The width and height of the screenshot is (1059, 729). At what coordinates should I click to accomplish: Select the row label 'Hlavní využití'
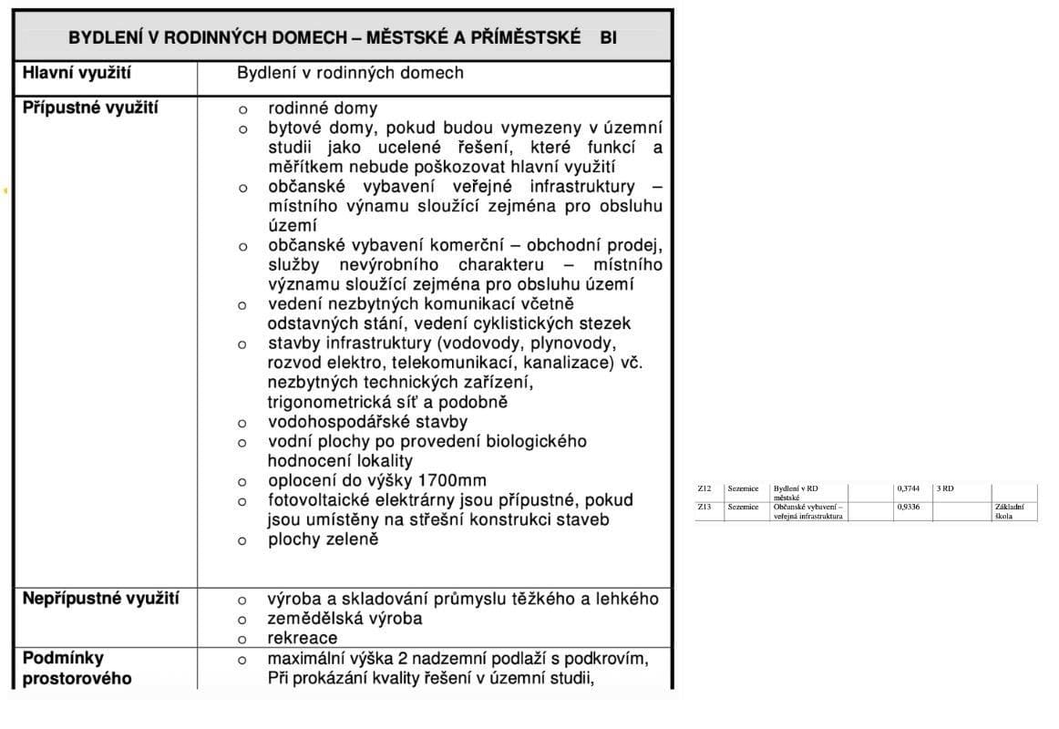coord(77,73)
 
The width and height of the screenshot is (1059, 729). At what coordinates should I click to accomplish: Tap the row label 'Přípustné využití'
coord(90,108)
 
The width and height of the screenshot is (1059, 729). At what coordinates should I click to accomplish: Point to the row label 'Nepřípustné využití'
coord(100,599)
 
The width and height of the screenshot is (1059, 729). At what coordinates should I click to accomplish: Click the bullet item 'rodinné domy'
coord(323,108)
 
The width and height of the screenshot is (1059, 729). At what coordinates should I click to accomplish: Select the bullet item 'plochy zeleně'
coord(323,539)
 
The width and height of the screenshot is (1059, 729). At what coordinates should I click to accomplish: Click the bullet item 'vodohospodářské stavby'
coord(367,422)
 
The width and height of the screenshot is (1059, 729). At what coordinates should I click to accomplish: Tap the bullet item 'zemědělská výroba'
coord(344,619)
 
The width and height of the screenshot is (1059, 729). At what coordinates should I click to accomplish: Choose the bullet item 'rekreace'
coord(303,638)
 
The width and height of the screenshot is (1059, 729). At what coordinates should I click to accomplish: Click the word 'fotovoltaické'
coord(323,500)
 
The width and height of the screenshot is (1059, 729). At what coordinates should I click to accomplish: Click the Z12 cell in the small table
coord(704,488)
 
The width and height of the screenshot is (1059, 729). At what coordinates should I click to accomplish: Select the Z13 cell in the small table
coord(704,507)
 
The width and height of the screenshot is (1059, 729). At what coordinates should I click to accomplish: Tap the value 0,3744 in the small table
coord(908,488)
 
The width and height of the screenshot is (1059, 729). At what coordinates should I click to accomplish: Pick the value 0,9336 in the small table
coord(908,507)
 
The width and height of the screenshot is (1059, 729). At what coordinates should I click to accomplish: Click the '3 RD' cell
coord(945,488)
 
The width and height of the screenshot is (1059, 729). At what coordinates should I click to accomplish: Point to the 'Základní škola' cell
coord(1010,511)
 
